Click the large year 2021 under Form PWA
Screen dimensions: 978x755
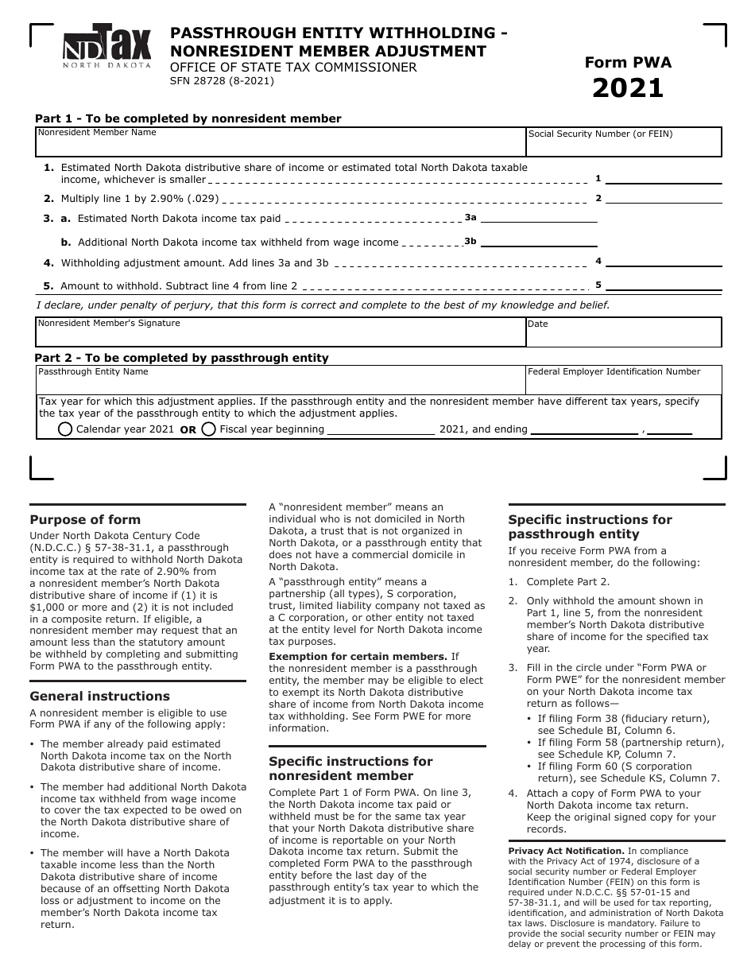(x=628, y=88)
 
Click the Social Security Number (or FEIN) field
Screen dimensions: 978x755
(x=624, y=143)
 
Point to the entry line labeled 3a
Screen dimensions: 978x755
(x=539, y=218)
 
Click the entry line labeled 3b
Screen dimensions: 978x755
(x=539, y=243)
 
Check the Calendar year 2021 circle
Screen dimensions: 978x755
(x=66, y=429)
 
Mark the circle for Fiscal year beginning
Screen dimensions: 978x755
(x=209, y=429)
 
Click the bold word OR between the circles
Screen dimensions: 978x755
(x=188, y=430)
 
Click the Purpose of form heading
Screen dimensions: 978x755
(x=85, y=520)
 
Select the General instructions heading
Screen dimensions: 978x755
(x=99, y=697)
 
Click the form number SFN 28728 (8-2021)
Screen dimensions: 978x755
(x=222, y=81)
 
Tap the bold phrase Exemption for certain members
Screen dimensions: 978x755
(x=358, y=657)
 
